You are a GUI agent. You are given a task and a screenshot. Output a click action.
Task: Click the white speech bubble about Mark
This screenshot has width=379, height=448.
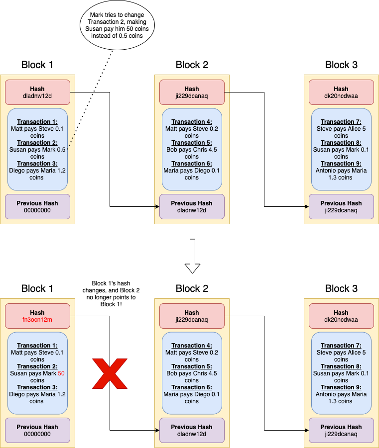(117, 25)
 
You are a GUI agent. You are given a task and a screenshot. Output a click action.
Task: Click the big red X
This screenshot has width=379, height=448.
(110, 373)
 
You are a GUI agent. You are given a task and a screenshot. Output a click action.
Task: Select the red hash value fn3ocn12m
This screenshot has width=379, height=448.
(37, 320)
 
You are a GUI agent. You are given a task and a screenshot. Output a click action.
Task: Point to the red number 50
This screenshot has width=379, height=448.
(62, 373)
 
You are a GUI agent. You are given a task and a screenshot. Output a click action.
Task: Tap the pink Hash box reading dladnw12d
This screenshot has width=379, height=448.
(37, 92)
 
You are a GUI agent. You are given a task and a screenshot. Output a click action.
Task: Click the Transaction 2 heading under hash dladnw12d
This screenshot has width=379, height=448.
(37, 143)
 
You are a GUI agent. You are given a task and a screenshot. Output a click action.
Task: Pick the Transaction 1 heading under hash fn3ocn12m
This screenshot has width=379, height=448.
(37, 346)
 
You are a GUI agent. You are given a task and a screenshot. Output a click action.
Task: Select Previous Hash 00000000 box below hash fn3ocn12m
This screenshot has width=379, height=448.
(37, 430)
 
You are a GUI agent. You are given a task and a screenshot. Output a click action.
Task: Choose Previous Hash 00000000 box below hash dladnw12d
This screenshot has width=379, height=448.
(37, 206)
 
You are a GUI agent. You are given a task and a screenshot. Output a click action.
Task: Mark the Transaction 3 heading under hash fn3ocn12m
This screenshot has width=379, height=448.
(37, 387)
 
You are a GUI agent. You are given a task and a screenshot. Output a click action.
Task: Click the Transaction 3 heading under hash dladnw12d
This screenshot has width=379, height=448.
(37, 164)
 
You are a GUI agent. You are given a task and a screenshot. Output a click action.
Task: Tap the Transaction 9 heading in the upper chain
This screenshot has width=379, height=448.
(341, 164)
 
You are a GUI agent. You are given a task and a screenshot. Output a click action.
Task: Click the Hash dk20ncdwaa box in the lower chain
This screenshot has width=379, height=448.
(341, 316)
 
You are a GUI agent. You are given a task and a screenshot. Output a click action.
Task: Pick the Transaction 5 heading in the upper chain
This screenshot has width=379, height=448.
(192, 143)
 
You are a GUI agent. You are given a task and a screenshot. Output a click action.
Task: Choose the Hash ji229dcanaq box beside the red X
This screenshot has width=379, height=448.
(192, 316)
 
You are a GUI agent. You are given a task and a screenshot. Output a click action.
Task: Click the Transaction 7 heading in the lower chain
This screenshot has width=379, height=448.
(341, 346)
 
